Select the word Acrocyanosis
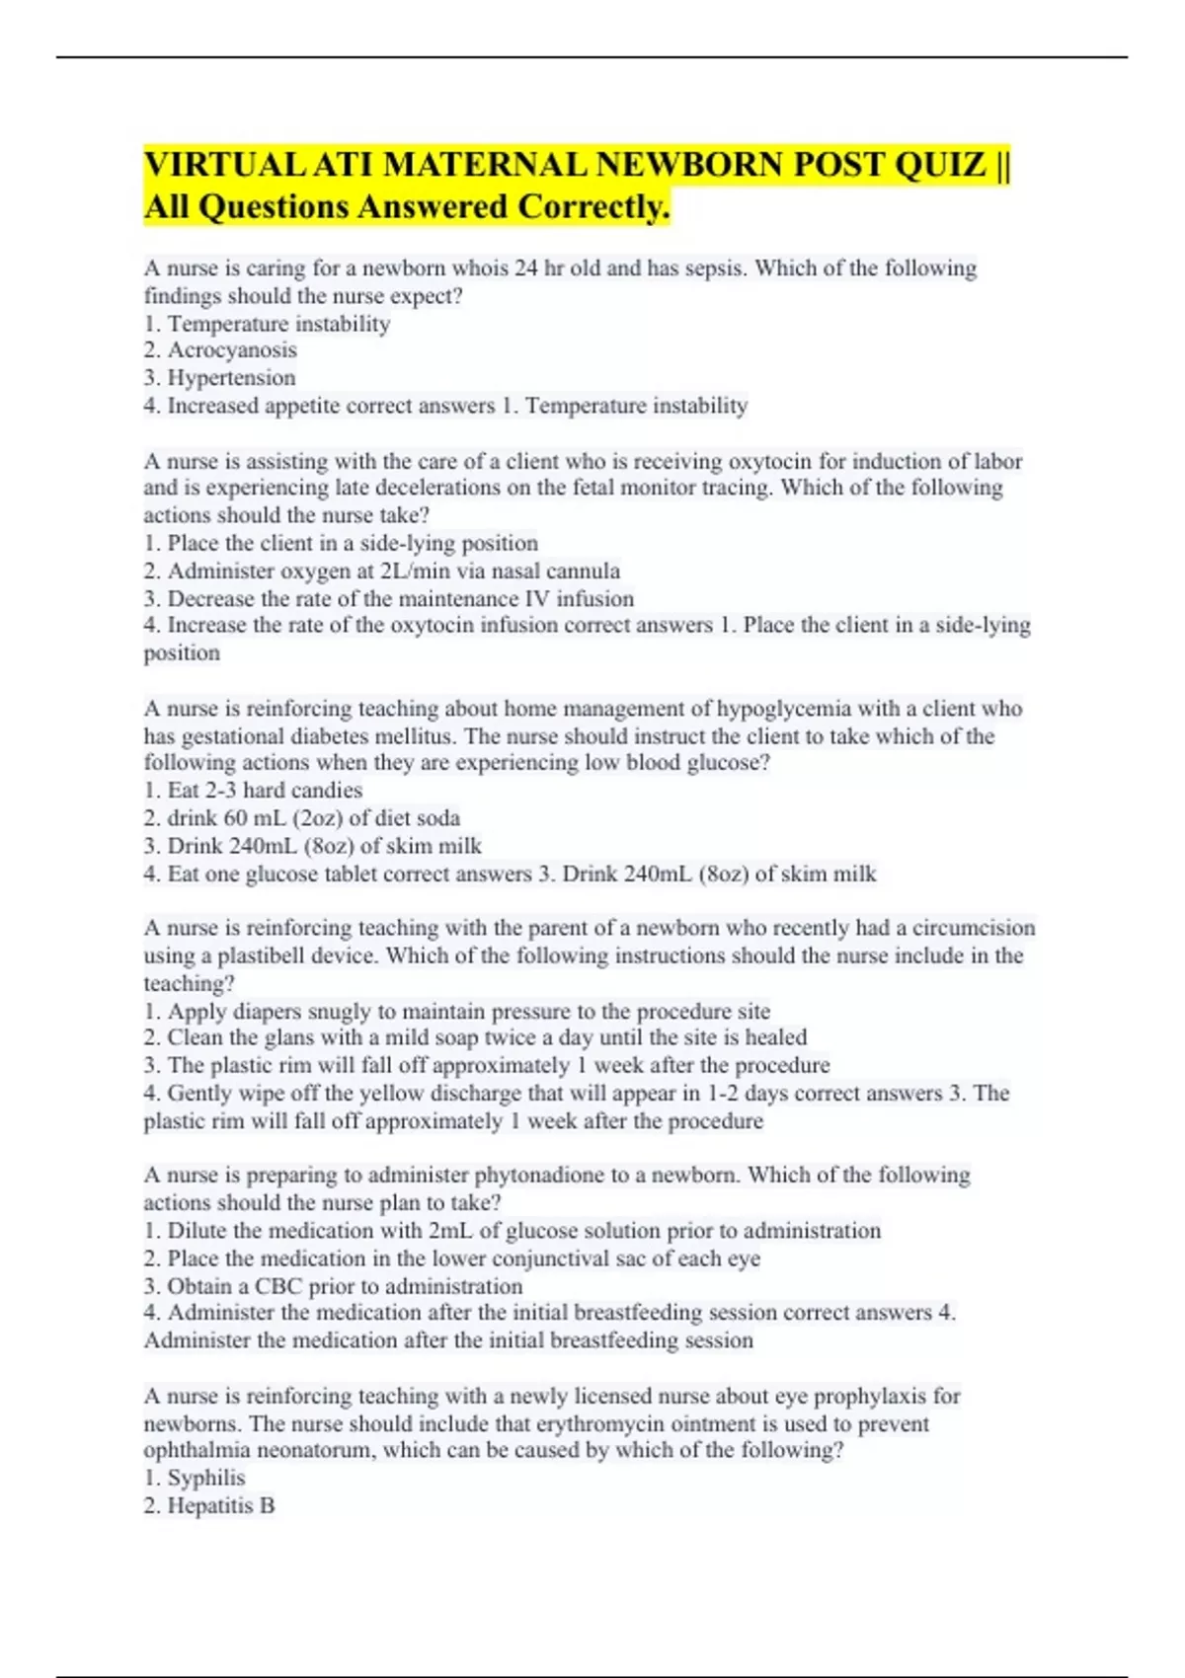coord(232,350)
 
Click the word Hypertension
coord(231,378)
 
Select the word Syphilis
coord(205,1479)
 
